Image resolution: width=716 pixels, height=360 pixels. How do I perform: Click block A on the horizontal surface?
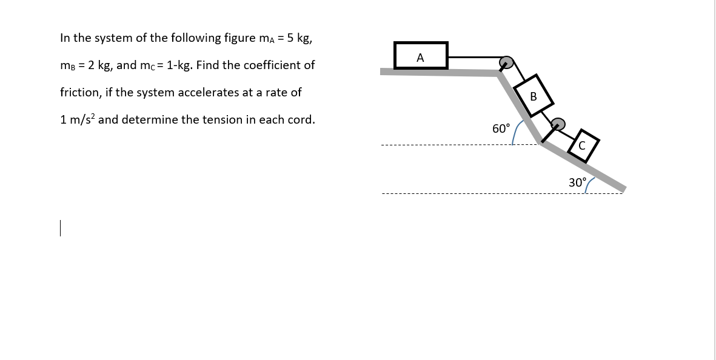(421, 56)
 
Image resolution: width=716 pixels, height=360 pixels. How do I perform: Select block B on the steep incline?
(533, 96)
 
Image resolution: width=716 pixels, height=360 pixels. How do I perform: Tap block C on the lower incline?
(582, 145)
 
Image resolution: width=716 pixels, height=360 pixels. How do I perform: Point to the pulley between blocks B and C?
(558, 124)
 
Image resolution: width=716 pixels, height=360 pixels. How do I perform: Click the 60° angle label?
(501, 128)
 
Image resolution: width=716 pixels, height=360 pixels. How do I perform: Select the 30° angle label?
(577, 182)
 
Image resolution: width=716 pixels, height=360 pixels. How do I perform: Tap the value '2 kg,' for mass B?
(99, 65)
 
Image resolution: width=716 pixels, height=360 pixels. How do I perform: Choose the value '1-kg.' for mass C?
(181, 65)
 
